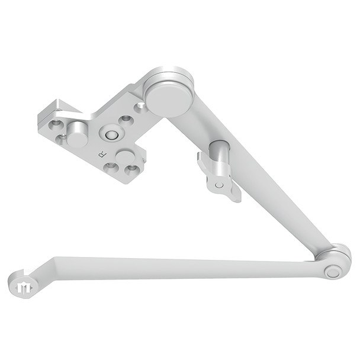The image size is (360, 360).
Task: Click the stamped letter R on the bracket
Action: (102, 153)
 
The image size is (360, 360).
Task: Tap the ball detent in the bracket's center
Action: (110, 134)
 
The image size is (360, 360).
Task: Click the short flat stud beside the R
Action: (126, 156)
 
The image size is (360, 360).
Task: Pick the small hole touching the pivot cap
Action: (140, 107)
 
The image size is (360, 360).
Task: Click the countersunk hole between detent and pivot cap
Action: (126, 120)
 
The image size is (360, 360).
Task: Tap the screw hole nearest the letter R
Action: (111, 167)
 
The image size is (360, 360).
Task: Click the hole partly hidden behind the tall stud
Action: (62, 139)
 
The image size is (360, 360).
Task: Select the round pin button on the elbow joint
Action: (332, 272)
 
